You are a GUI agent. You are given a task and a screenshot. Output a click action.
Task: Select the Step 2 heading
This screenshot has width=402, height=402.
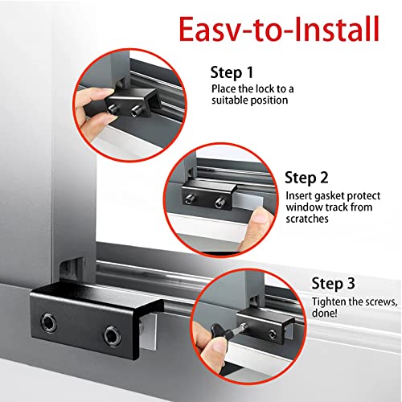[306, 175]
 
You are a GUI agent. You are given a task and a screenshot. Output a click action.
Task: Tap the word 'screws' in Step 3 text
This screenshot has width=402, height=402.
[375, 301]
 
